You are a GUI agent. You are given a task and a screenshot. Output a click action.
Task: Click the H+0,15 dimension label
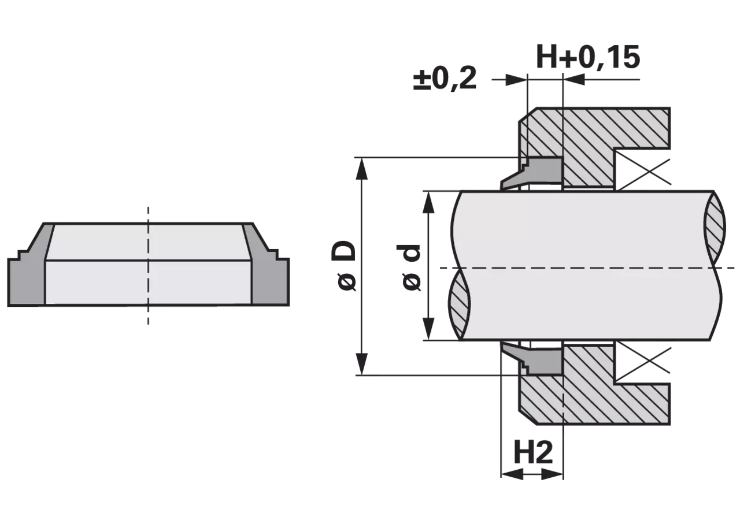[589, 57]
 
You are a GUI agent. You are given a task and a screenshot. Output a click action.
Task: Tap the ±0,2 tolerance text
[445, 79]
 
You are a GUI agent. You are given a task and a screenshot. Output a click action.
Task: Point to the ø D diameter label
[343, 266]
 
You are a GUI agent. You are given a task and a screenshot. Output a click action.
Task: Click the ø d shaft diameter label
[411, 268]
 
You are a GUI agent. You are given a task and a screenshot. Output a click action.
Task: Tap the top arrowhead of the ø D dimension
[362, 169]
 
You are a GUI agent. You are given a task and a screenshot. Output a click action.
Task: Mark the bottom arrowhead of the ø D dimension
[362, 364]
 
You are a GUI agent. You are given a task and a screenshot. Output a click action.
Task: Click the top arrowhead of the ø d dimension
[428, 202]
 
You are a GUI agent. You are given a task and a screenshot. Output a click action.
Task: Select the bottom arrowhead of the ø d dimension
[428, 329]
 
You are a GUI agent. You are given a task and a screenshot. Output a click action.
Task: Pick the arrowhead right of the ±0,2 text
[516, 80]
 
